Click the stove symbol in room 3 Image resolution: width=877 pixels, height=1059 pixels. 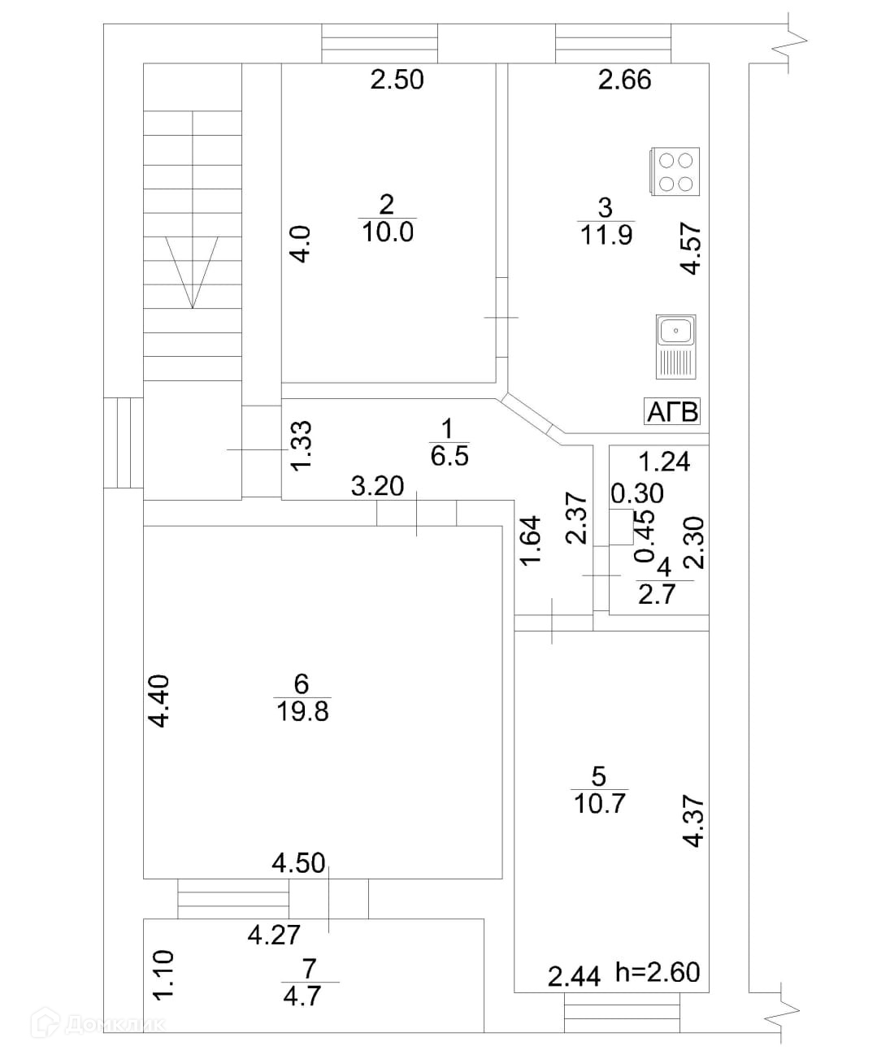pyautogui.click(x=675, y=171)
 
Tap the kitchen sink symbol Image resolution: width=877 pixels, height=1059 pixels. pyautogui.click(x=676, y=347)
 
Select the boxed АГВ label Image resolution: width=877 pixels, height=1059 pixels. pyautogui.click(x=672, y=412)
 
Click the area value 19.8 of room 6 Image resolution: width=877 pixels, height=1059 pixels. pyautogui.click(x=302, y=712)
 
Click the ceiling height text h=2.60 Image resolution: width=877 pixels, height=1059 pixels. pyautogui.click(x=658, y=972)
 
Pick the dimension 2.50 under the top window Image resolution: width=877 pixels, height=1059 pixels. pyautogui.click(x=397, y=80)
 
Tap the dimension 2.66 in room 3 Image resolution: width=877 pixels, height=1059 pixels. pyautogui.click(x=625, y=80)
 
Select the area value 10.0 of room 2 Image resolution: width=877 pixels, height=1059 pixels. pyautogui.click(x=388, y=232)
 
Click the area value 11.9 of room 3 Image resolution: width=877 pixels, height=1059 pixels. pyautogui.click(x=606, y=236)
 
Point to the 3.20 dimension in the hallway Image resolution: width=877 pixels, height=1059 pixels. pyautogui.click(x=377, y=486)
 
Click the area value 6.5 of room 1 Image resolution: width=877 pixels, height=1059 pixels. pyautogui.click(x=449, y=456)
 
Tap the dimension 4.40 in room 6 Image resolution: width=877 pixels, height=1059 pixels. pyautogui.click(x=159, y=701)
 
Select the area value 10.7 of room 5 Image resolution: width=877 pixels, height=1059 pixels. pyautogui.click(x=600, y=804)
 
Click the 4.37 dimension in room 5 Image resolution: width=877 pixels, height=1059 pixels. pyautogui.click(x=692, y=822)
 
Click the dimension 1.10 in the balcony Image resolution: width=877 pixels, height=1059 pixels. pyautogui.click(x=163, y=975)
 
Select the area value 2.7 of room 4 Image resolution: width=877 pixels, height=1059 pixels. pyautogui.click(x=657, y=595)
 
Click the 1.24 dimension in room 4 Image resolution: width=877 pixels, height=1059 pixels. pyautogui.click(x=664, y=462)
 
